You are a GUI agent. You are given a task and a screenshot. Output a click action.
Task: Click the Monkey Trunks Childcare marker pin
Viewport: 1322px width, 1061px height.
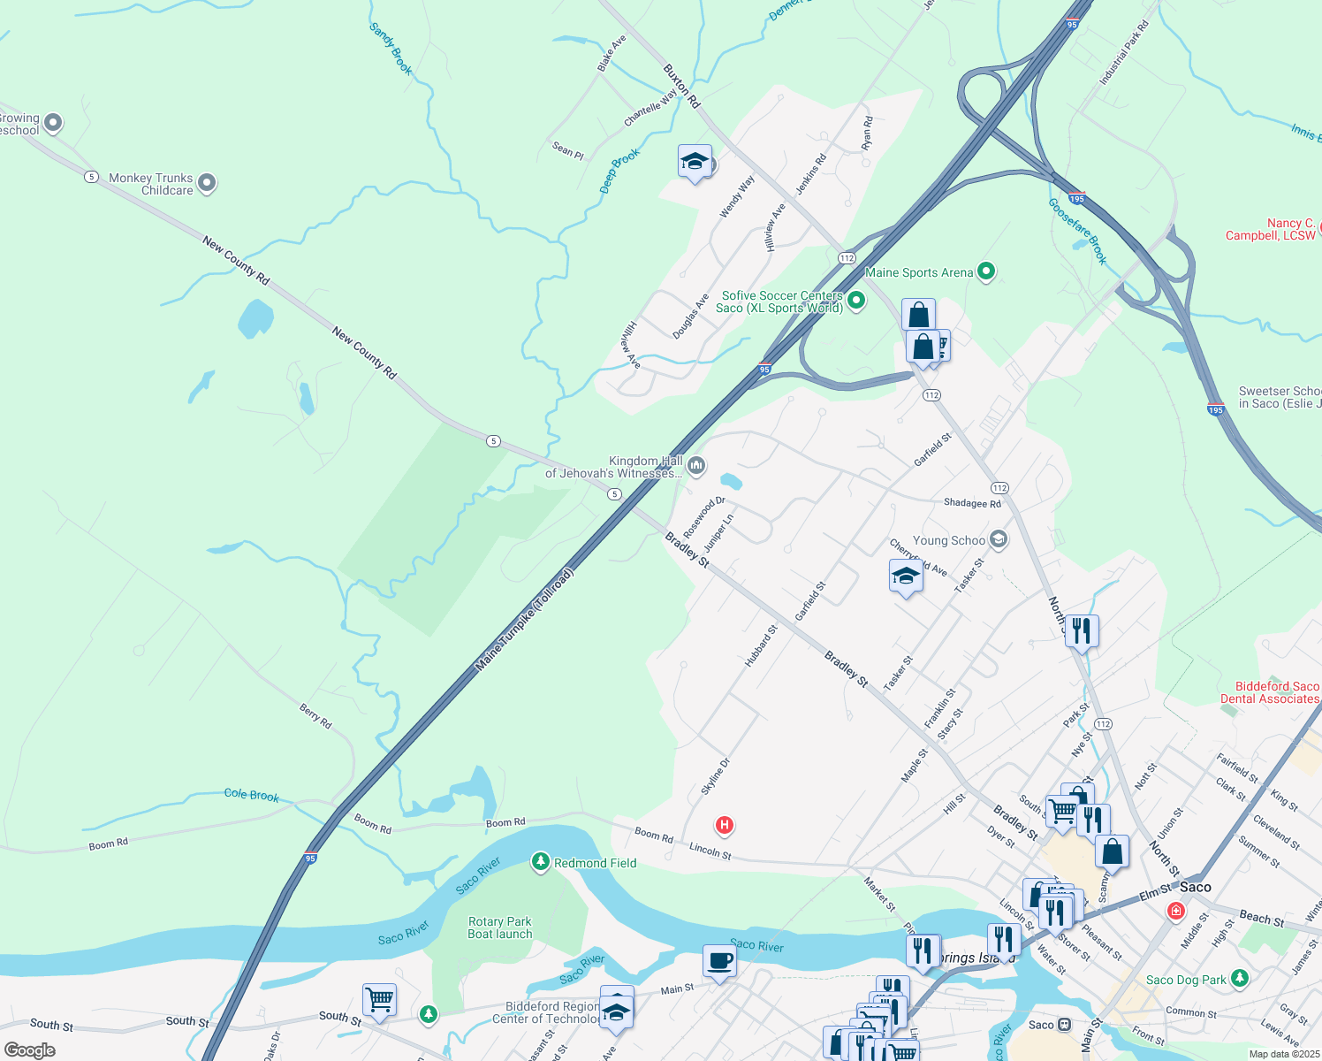pos(207,183)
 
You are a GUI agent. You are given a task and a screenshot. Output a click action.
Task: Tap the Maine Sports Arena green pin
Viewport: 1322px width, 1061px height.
pos(986,272)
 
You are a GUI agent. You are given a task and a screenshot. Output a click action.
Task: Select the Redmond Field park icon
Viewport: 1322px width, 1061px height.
pos(541,862)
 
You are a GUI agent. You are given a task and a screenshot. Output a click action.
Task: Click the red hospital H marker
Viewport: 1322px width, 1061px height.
pos(725,826)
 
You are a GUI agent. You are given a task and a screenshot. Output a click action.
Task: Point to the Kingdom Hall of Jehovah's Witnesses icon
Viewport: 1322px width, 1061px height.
pos(696,466)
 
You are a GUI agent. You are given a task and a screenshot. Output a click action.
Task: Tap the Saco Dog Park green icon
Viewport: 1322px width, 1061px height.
pos(1240,978)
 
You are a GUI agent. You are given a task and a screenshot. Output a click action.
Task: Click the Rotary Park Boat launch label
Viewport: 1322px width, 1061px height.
pos(500,927)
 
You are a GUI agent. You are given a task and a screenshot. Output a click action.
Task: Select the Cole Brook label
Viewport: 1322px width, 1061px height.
pos(251,795)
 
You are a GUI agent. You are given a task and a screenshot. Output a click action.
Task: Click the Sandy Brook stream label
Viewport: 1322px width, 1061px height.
pos(391,49)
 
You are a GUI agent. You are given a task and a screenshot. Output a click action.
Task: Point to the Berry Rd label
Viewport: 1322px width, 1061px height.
pos(315,716)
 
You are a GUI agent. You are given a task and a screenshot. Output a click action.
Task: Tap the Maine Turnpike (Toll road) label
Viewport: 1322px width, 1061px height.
pos(525,620)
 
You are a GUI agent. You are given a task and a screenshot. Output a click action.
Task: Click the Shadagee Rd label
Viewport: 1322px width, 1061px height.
pos(972,503)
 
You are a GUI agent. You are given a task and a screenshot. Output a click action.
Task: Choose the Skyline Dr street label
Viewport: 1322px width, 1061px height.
pos(716,776)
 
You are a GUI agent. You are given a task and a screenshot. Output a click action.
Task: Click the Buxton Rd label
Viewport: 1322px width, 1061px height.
pos(681,86)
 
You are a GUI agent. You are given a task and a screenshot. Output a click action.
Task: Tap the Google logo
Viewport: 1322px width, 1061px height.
pos(30,1050)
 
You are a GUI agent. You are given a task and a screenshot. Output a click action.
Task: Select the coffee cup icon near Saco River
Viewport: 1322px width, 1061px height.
pos(720,961)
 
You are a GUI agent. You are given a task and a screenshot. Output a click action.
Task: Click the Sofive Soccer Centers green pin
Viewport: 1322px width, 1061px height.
pos(855,302)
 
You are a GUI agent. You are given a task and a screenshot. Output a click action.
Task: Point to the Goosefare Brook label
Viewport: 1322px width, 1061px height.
pos(1077,231)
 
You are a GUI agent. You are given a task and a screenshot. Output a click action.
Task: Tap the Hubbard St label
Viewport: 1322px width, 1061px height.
pos(761,646)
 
